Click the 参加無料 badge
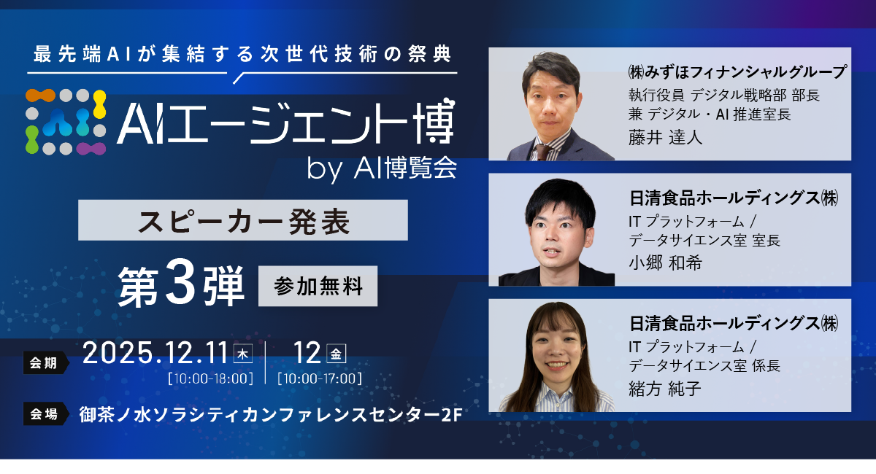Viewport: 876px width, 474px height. coord(318,286)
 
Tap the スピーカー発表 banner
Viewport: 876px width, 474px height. coord(242,220)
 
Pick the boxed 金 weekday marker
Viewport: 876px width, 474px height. coord(337,354)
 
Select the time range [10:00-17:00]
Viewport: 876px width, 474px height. coord(320,378)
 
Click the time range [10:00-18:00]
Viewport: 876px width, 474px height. coord(210,378)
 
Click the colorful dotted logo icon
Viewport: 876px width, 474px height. coord(67,121)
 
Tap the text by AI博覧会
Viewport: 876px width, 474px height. coord(382,168)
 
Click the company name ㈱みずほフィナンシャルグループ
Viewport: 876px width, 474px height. coord(736,73)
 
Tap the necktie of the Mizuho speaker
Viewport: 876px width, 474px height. coord(541,151)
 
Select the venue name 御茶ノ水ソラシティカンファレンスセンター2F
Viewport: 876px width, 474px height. coord(269,415)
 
